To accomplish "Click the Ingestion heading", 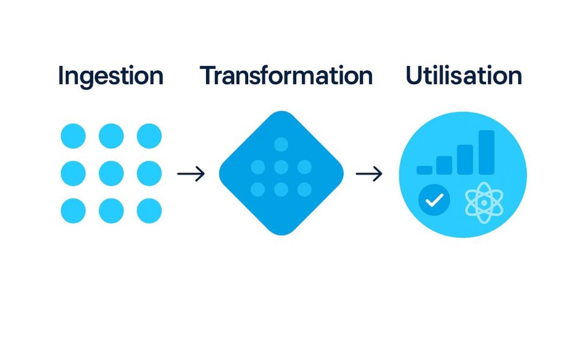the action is [x=110, y=76].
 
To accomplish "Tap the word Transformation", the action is [x=287, y=75].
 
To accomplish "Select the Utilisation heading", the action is [x=463, y=75].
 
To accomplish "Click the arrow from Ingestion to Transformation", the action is [x=191, y=173].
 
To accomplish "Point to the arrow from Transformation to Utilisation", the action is [x=369, y=173].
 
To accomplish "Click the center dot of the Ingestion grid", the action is [x=111, y=173].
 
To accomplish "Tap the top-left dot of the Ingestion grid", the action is [x=73, y=136].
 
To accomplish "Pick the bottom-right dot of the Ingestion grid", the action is [x=149, y=211].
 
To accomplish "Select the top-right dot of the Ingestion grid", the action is [x=149, y=136].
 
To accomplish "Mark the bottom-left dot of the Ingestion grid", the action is [x=73, y=211].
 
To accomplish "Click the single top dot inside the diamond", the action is [x=281, y=145].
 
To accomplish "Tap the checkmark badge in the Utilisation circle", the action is [x=434, y=200].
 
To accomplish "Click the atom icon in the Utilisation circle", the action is [x=484, y=203].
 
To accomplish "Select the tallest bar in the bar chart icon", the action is [x=487, y=153].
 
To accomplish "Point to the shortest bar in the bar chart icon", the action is [x=424, y=170].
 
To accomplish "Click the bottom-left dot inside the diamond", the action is [x=258, y=189].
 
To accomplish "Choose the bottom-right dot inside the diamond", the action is [x=304, y=189].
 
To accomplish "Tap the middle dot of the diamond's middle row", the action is [x=281, y=167].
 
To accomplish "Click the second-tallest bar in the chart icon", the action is [x=465, y=159].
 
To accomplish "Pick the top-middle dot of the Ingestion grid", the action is [x=111, y=136].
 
